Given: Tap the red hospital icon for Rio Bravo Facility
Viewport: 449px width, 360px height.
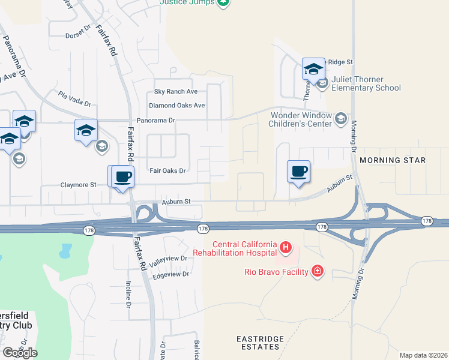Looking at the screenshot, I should (318, 272).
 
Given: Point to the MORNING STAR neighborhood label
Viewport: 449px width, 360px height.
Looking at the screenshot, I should (393, 160).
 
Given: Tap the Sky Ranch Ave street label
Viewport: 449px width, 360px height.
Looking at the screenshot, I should (176, 92).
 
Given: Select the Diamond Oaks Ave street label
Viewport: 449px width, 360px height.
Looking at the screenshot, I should (177, 106).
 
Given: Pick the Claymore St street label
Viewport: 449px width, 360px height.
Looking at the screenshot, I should (78, 185).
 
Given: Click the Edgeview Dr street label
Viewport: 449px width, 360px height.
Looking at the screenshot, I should (171, 274).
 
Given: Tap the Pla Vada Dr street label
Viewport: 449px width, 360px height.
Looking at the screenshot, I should (74, 98).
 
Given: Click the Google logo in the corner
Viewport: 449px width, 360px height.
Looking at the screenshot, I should (20, 353).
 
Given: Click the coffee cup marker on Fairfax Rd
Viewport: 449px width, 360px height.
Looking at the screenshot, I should (122, 178).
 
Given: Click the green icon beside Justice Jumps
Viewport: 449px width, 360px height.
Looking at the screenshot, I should (223, 2).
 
